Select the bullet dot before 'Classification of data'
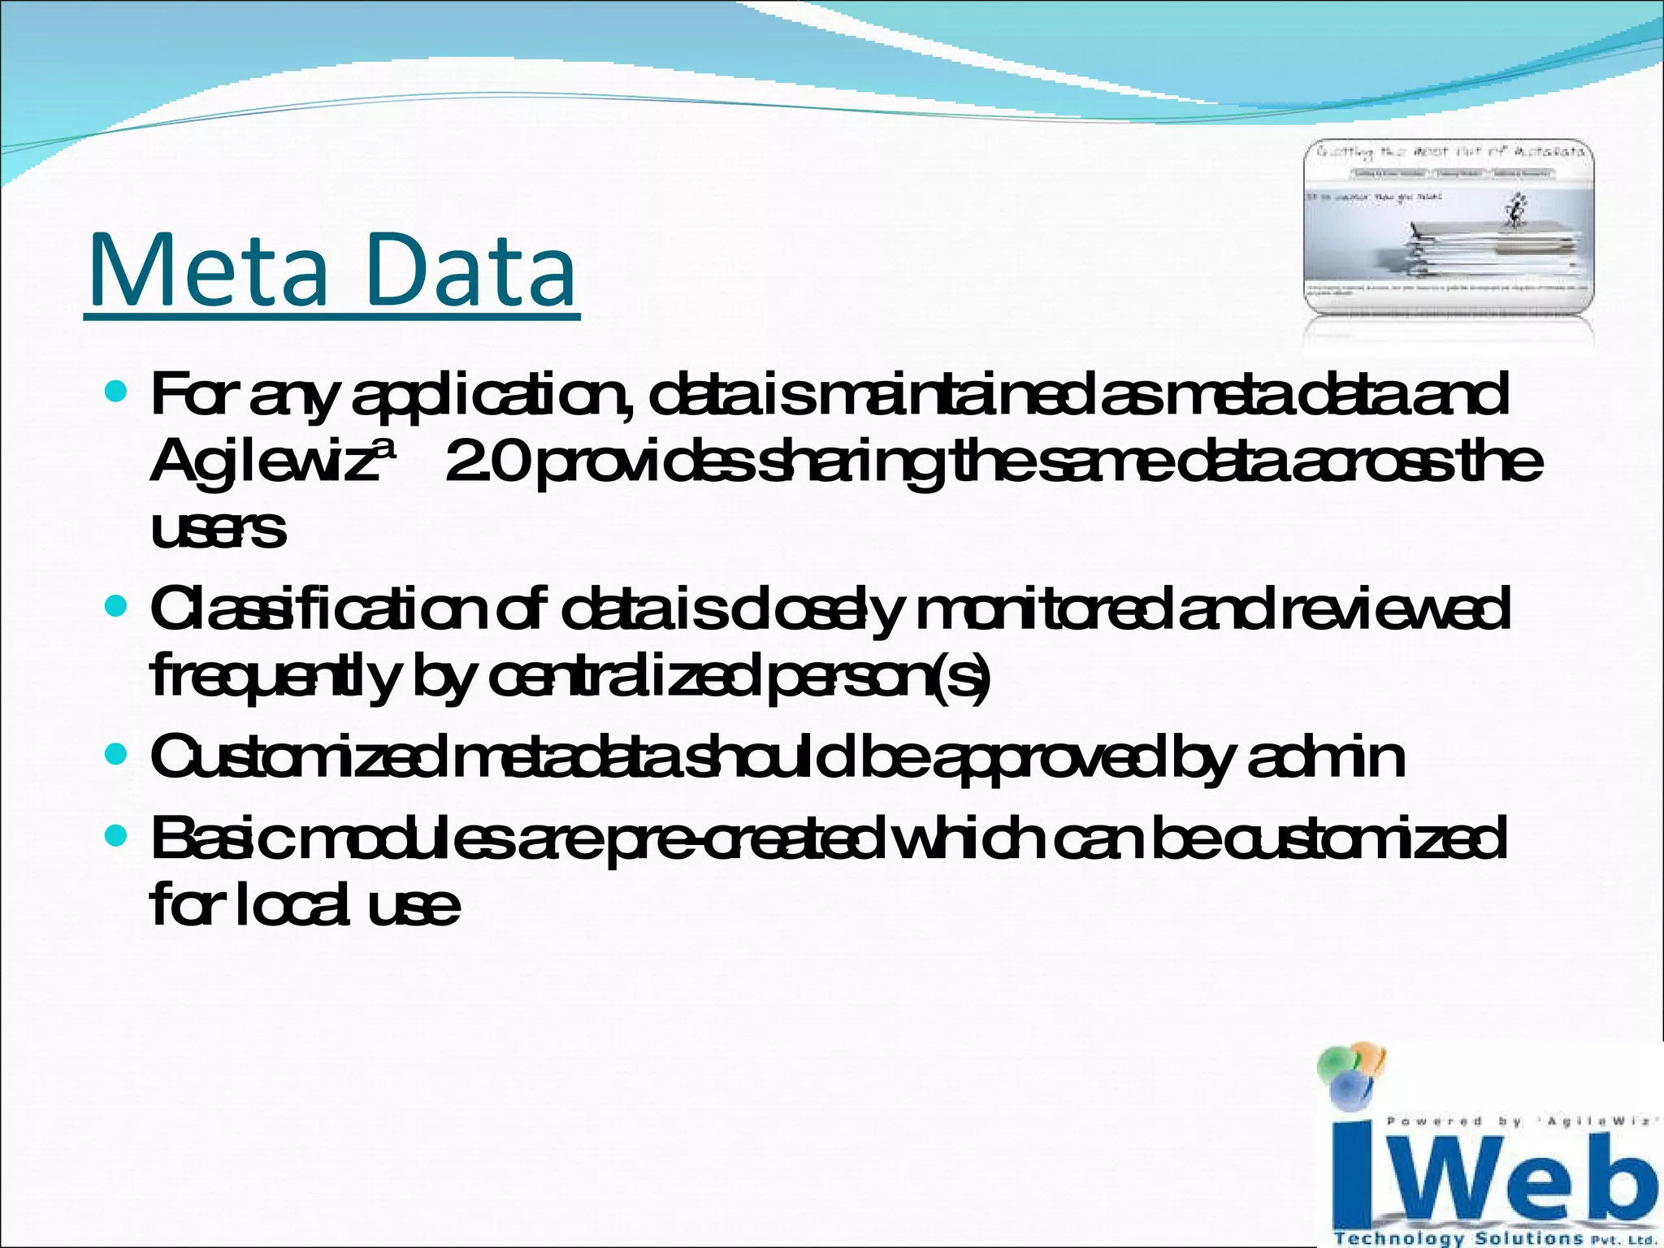117,606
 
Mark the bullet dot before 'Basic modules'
117,836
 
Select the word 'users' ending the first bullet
218,530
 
